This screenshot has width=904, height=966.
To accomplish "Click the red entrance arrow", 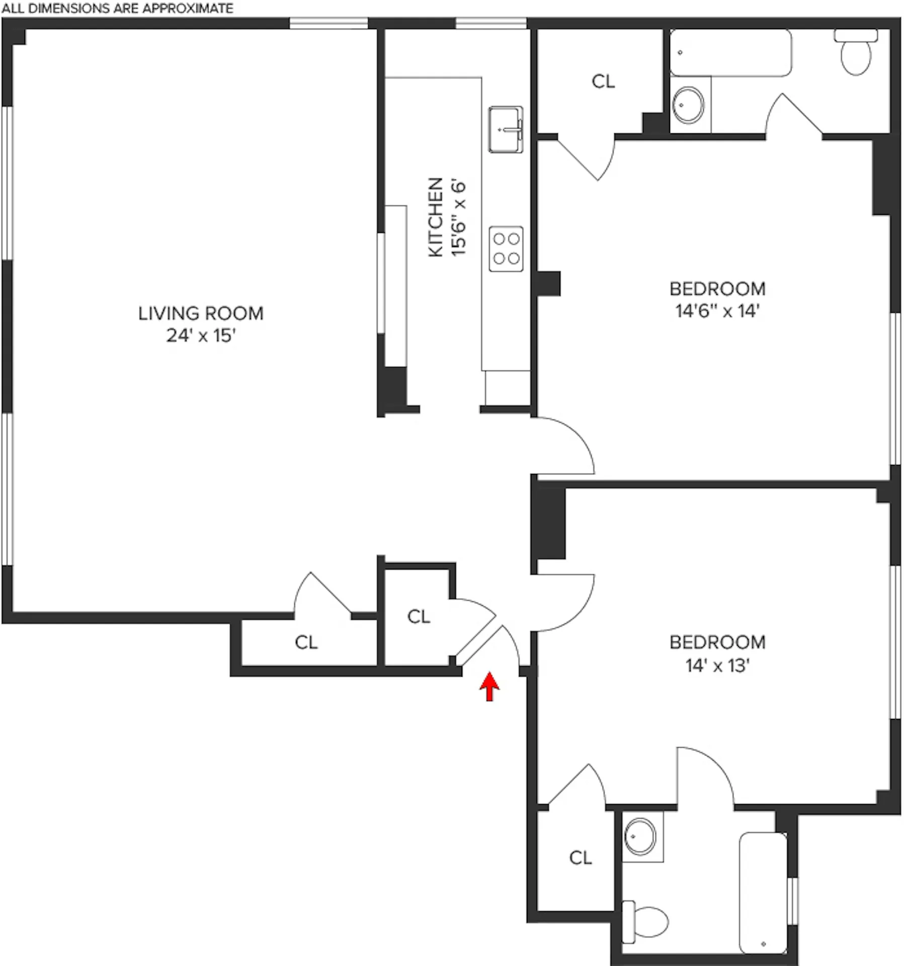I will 489,687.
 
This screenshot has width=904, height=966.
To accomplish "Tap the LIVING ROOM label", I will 201,313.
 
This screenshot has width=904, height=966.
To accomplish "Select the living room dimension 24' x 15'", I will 201,336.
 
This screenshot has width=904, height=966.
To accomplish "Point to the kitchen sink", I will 506,129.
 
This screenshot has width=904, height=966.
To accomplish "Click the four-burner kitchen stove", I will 506,249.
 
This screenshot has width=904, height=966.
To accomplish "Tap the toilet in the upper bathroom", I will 856,55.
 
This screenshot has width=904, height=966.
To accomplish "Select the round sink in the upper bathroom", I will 688,105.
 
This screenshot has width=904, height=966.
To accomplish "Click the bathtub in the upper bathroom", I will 730,53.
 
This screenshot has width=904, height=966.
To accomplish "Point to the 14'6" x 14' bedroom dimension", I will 717,311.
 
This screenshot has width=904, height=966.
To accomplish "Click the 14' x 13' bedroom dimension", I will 717,666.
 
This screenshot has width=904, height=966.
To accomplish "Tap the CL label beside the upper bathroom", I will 603,82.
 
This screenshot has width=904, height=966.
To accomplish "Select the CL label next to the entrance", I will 419,616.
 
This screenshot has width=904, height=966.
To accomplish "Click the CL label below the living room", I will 306,642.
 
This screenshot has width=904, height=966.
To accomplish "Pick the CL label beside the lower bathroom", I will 580,858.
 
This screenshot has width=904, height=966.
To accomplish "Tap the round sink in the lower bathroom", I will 640,836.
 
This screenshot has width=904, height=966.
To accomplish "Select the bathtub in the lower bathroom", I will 763,893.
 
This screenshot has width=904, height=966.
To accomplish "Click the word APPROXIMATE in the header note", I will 188,9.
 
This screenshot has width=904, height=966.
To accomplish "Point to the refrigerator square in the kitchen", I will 507,387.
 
